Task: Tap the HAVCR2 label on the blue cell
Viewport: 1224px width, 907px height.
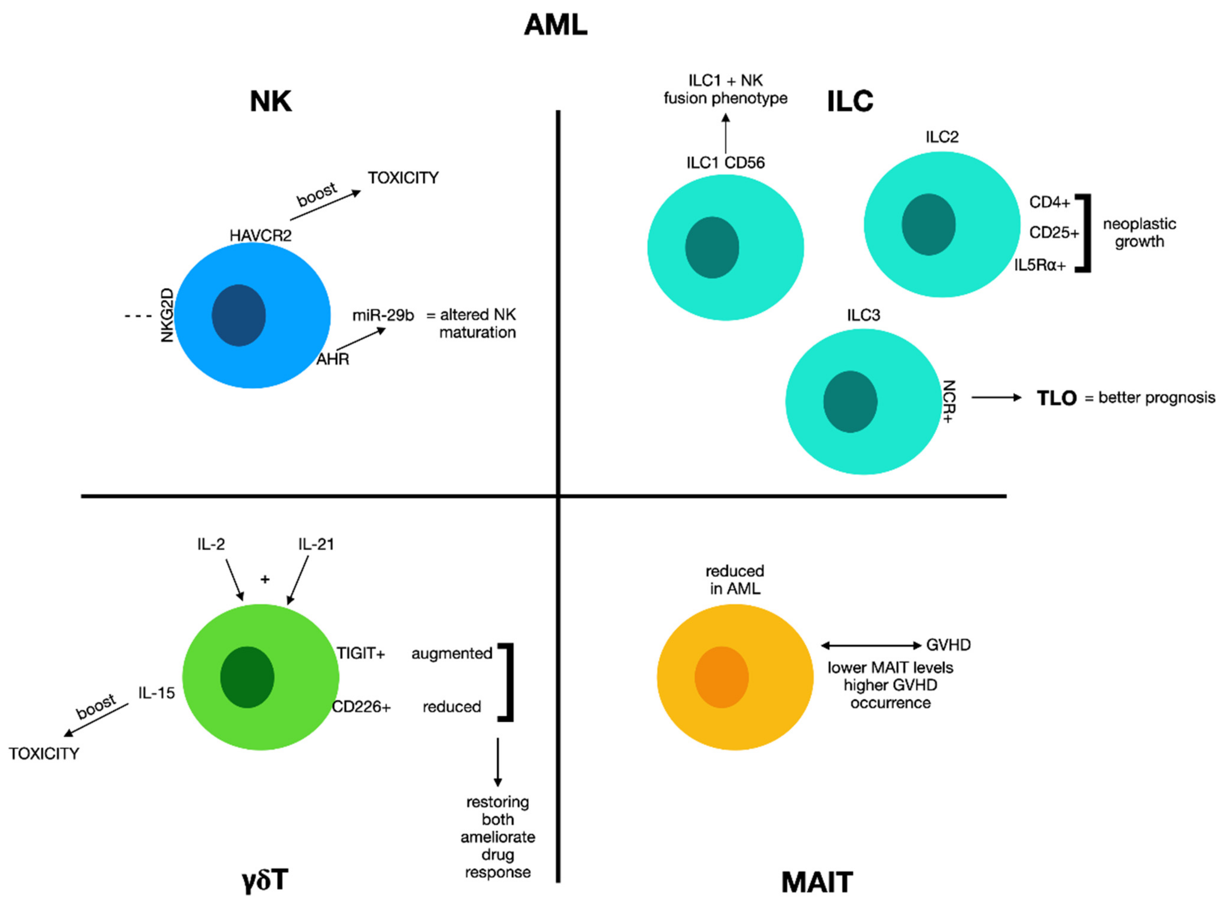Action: point(260,235)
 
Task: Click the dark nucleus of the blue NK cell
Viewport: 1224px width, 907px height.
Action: point(239,315)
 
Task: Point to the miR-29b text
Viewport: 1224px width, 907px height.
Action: point(383,315)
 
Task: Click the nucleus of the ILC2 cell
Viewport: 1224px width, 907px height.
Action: point(928,225)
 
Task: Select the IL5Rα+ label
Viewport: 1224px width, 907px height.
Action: point(1039,266)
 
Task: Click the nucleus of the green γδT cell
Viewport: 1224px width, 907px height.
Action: point(247,677)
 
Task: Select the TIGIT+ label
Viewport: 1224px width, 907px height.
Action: point(360,653)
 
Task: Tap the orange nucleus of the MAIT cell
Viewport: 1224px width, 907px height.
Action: point(721,677)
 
